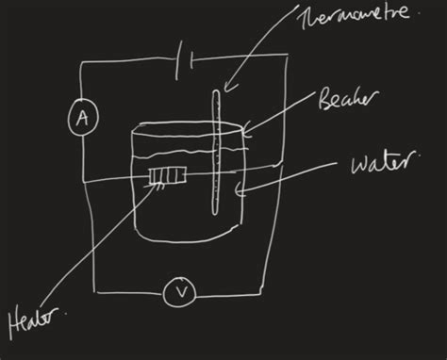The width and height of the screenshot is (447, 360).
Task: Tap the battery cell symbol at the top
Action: point(187,62)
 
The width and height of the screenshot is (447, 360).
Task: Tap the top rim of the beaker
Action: point(189,128)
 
